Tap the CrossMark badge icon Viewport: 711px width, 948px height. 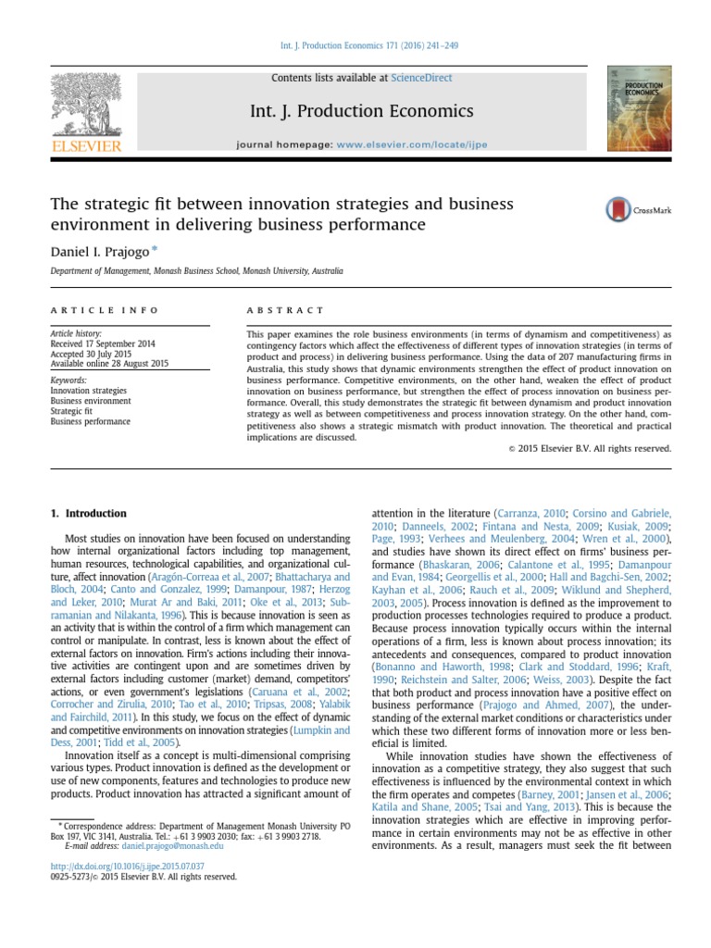[617, 210]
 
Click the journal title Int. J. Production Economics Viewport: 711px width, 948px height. [361, 112]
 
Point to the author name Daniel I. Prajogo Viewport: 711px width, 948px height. [98, 251]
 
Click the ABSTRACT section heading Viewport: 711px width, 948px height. [285, 310]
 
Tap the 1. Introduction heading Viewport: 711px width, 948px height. [88, 514]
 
